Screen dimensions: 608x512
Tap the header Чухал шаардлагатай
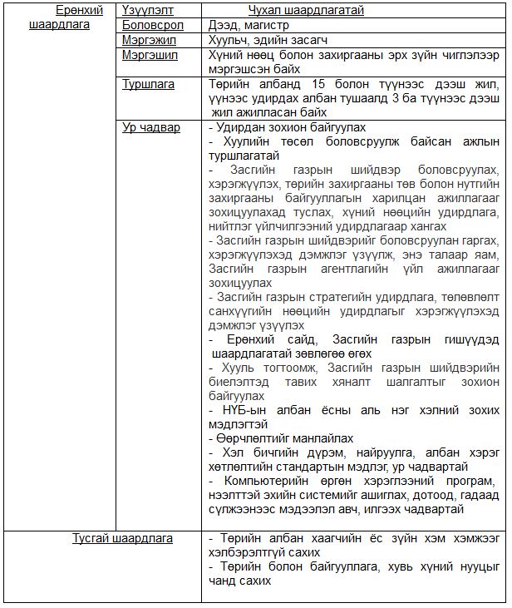[306, 11]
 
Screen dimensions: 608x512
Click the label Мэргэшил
[148, 55]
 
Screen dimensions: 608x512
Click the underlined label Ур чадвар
[150, 128]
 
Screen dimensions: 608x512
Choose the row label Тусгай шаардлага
[122, 538]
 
